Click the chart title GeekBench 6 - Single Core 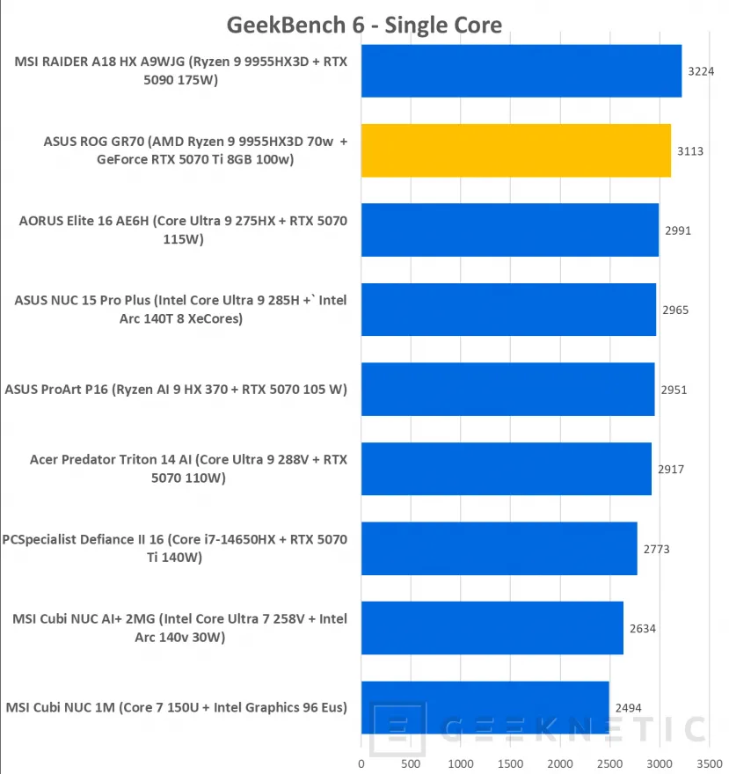[x=364, y=24]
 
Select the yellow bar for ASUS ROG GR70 [x=516, y=150]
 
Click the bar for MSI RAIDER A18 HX [x=521, y=70]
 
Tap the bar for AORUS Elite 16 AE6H [x=510, y=230]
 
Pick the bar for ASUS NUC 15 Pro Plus [x=508, y=310]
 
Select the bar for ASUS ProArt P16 [x=507, y=389]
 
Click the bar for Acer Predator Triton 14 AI [x=506, y=469]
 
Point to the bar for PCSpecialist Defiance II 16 [x=499, y=548]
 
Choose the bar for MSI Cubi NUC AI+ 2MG [x=492, y=628]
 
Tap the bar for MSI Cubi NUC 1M [x=485, y=707]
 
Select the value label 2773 [x=656, y=549]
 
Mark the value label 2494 [x=629, y=708]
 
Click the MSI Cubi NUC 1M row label [x=176, y=708]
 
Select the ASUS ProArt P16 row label [x=176, y=389]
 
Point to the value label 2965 [x=675, y=310]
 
